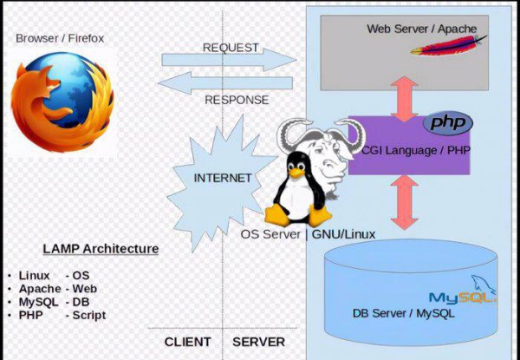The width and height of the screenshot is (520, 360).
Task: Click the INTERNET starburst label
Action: [222, 178]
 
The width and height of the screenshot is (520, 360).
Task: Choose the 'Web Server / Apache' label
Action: [422, 29]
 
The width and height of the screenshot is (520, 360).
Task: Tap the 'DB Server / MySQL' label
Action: [403, 313]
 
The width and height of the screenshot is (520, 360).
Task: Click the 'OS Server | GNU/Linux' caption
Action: [308, 234]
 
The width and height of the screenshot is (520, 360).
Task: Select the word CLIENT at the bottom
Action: [188, 342]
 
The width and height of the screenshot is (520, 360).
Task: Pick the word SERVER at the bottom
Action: [258, 342]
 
